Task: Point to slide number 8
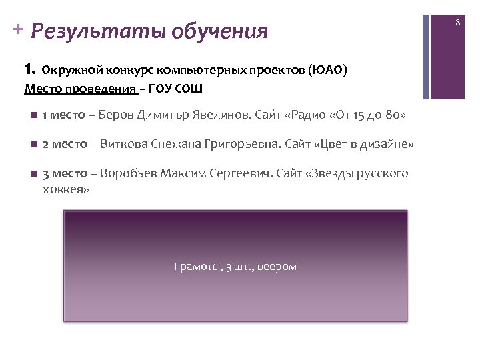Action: click(458, 23)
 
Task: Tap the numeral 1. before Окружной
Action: click(29, 69)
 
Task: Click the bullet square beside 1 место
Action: click(33, 115)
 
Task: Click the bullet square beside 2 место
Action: click(33, 144)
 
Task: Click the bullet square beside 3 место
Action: click(33, 173)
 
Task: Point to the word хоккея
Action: click(65, 189)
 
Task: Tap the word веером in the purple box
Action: click(275, 267)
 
